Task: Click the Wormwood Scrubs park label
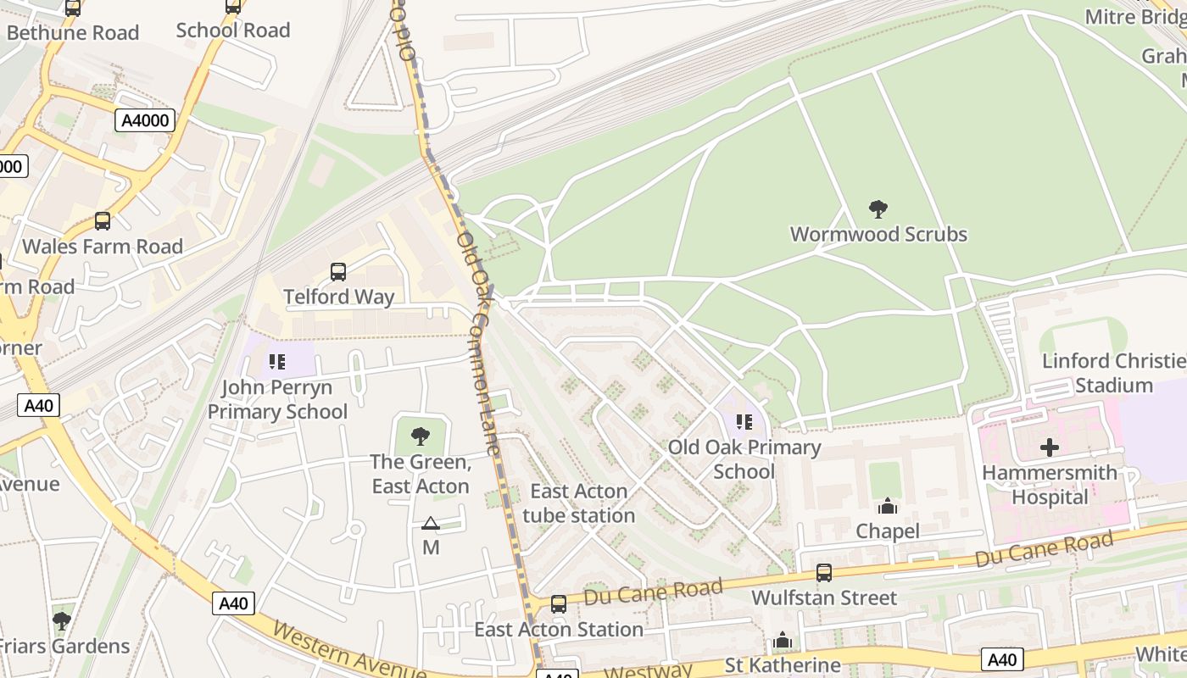pyautogui.click(x=878, y=234)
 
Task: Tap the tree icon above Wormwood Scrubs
pyautogui.click(x=878, y=208)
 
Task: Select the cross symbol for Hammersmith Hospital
pyautogui.click(x=1050, y=447)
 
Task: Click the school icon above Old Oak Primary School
pyautogui.click(x=744, y=421)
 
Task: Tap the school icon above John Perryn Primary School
pyautogui.click(x=277, y=362)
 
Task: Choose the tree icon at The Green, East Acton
pyautogui.click(x=420, y=436)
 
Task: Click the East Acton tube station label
pyautogui.click(x=578, y=503)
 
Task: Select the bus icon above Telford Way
pyautogui.click(x=338, y=272)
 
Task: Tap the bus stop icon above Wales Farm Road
pyautogui.click(x=103, y=221)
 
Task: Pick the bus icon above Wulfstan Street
pyautogui.click(x=823, y=572)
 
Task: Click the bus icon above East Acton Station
pyautogui.click(x=558, y=604)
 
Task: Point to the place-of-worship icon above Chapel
pyautogui.click(x=888, y=506)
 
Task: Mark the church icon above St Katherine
pyautogui.click(x=782, y=640)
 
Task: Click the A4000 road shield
pyautogui.click(x=145, y=120)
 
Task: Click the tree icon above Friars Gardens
pyautogui.click(x=61, y=621)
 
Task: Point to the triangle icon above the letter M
pyautogui.click(x=431, y=524)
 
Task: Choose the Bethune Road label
pyautogui.click(x=73, y=33)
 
